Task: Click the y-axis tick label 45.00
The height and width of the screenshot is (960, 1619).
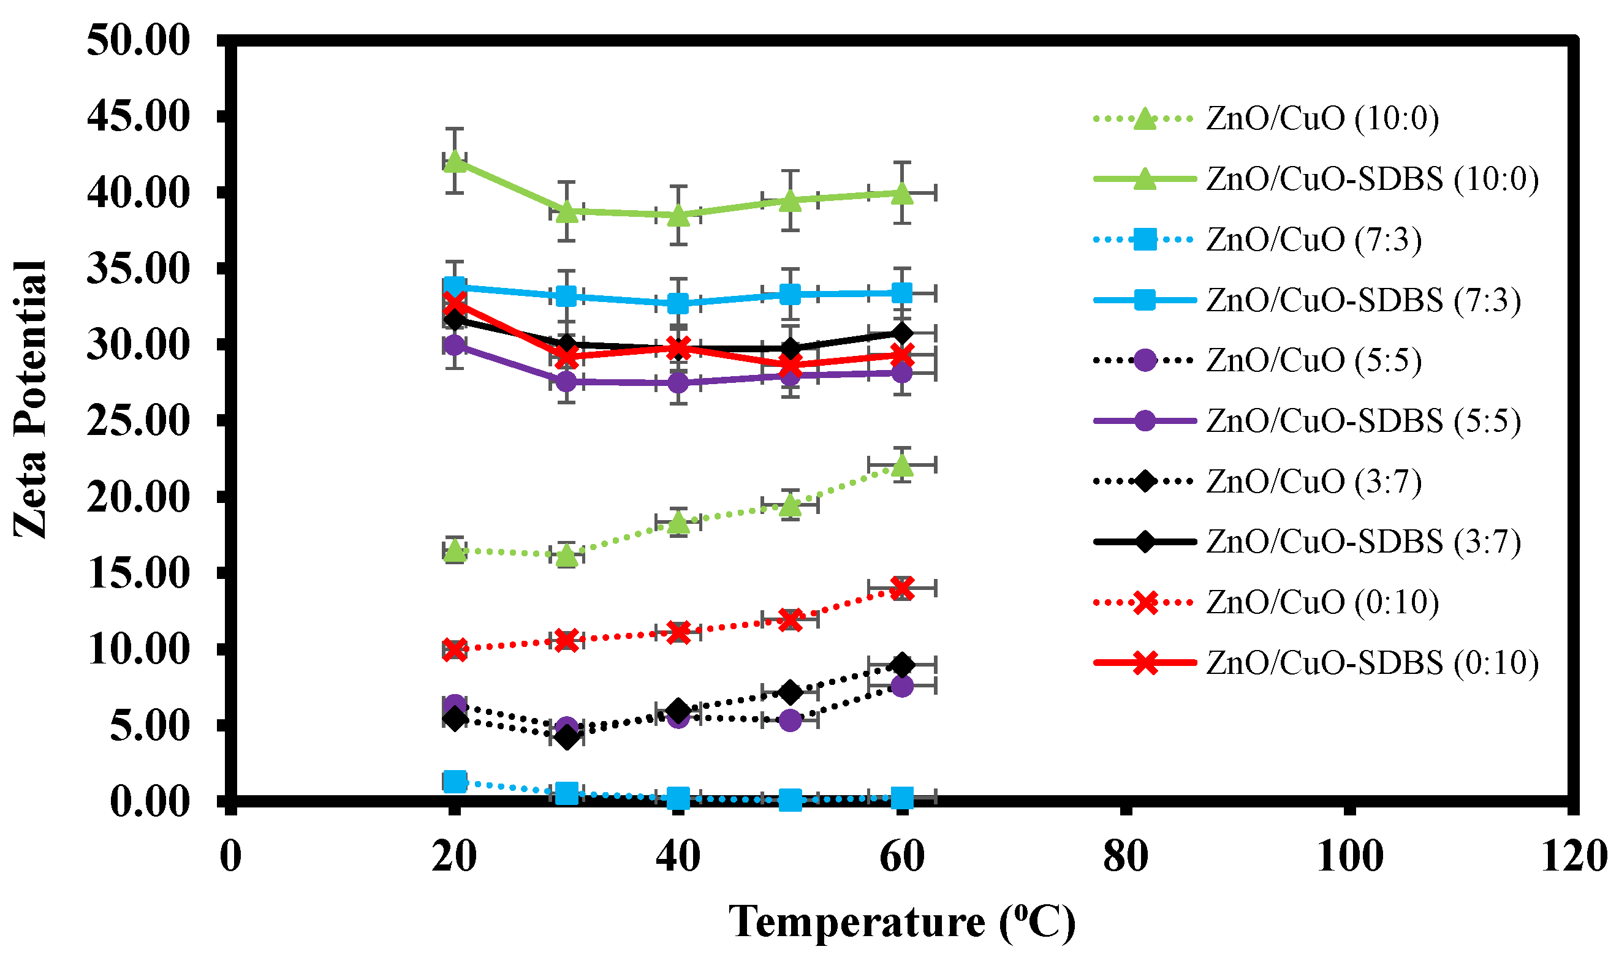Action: (x=138, y=116)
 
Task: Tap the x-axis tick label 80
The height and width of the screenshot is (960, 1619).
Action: (x=1125, y=857)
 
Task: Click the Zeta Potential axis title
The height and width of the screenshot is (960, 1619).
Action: (x=31, y=399)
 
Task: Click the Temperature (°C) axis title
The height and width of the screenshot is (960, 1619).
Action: (x=902, y=922)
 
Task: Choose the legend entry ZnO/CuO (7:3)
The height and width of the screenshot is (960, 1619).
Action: (x=1314, y=240)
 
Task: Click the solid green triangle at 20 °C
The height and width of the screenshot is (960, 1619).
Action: (x=455, y=161)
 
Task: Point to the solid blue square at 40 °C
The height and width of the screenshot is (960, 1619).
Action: (x=678, y=303)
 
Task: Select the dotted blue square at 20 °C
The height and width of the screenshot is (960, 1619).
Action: (x=455, y=781)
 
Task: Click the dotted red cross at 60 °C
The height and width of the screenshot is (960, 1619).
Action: (x=902, y=588)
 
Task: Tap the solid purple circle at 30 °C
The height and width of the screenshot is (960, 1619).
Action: (x=567, y=382)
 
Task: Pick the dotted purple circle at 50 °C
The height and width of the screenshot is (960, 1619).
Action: (x=790, y=720)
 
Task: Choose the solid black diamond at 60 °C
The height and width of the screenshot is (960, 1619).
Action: (x=902, y=333)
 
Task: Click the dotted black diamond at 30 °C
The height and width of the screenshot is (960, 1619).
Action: (x=567, y=737)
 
